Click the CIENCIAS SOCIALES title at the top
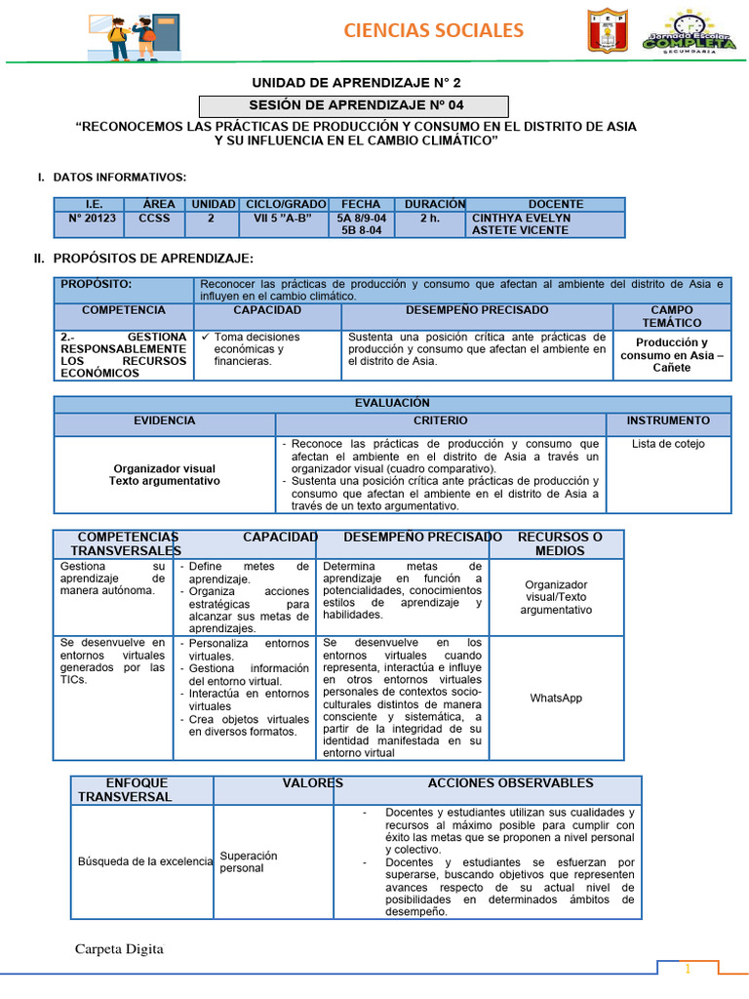[x=433, y=31]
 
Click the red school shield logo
[x=608, y=30]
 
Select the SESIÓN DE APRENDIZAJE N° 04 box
[x=354, y=105]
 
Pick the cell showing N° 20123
[x=93, y=219]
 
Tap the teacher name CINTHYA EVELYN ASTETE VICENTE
[x=521, y=224]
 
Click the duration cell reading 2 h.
[x=429, y=219]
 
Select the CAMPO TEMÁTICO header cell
[x=671, y=316]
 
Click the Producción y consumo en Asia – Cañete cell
[x=672, y=355]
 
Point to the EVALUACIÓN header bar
[x=392, y=402]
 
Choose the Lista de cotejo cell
[x=668, y=444]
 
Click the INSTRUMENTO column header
[x=668, y=420]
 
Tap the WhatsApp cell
[x=556, y=699]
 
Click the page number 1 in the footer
[x=688, y=969]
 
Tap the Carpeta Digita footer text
[x=120, y=949]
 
